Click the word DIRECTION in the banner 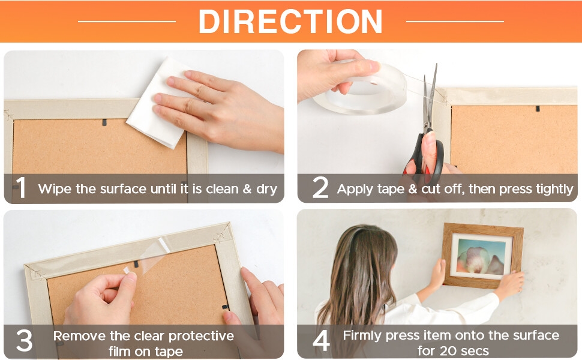290,22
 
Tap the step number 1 21,188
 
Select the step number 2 320,187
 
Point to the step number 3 24,340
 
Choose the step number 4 321,340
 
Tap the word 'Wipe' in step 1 55,189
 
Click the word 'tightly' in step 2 554,190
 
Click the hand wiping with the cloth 219,109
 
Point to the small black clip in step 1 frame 104,122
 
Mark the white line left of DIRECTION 127,22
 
